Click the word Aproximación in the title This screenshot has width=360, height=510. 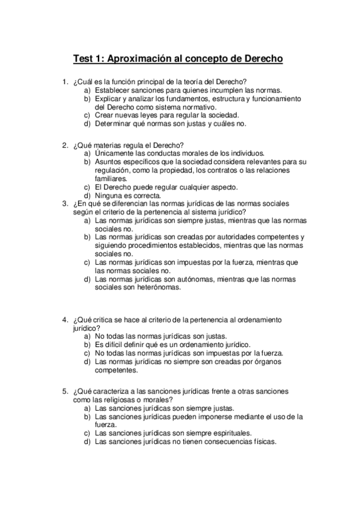139,59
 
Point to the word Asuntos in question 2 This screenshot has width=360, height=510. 108,162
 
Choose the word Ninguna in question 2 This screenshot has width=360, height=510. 109,195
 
